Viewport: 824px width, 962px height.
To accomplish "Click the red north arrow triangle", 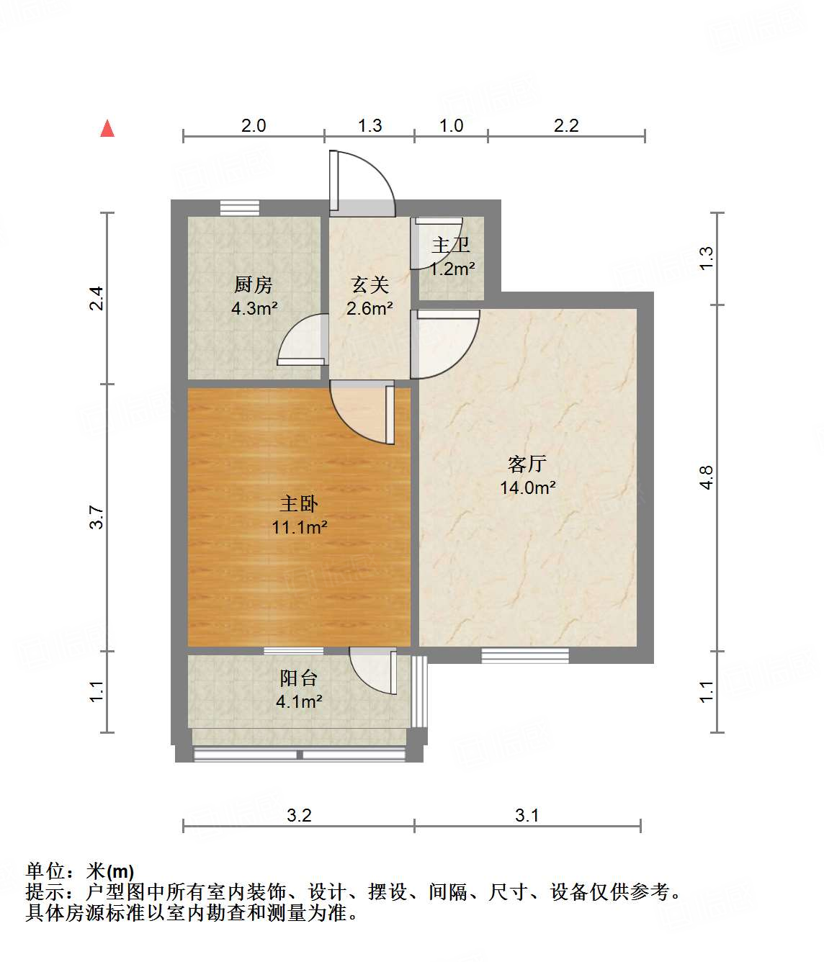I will coord(107,128).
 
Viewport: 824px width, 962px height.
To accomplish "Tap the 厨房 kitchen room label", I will coord(254,285).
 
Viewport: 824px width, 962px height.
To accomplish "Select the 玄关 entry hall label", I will coord(370,285).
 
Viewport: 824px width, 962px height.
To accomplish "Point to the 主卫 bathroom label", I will coord(451,246).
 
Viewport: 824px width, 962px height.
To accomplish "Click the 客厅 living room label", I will coord(527,464).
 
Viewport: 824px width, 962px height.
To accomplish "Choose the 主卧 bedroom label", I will coord(299,503).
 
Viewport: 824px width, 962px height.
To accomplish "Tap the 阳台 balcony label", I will coord(298,678).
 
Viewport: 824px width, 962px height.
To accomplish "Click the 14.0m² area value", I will coord(527,487).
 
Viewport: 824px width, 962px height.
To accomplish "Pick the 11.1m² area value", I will coord(299,527).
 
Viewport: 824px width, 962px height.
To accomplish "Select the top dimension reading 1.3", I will coord(370,126).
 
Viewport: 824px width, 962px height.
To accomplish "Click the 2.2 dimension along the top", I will coord(566,126).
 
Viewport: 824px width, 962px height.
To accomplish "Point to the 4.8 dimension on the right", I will coord(707,477).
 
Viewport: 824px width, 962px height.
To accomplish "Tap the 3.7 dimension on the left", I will coord(97,518).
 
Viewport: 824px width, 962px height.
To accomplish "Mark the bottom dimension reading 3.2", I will coord(299,815).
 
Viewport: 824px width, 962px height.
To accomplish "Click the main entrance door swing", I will coord(362,184).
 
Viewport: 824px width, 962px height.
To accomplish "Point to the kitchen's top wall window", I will coord(239,207).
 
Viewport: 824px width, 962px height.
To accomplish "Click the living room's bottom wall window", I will coord(524,655).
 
